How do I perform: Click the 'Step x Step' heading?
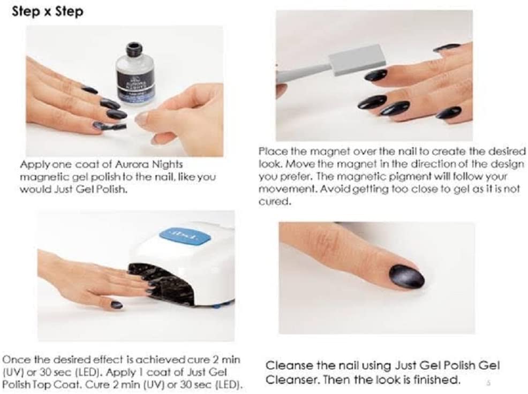(x=48, y=11)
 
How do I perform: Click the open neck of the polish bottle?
(x=134, y=46)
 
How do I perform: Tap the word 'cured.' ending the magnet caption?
(x=274, y=201)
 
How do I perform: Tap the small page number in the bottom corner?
(x=488, y=383)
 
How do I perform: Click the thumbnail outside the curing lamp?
(x=117, y=305)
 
